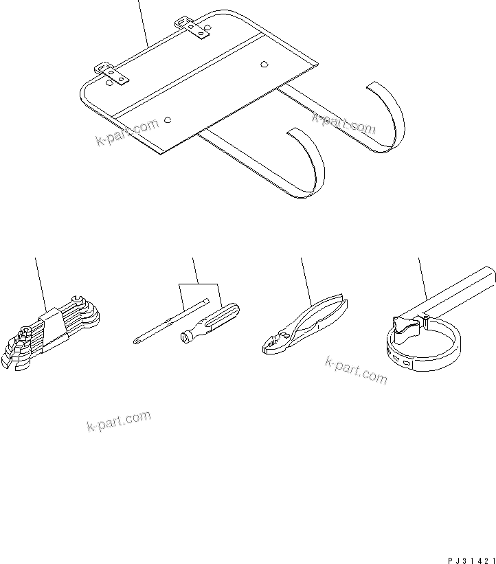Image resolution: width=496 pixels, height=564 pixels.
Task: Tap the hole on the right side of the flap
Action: click(x=264, y=65)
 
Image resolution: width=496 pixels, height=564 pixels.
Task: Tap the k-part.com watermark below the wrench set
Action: click(x=118, y=422)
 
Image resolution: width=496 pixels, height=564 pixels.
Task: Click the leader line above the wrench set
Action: click(x=41, y=282)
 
